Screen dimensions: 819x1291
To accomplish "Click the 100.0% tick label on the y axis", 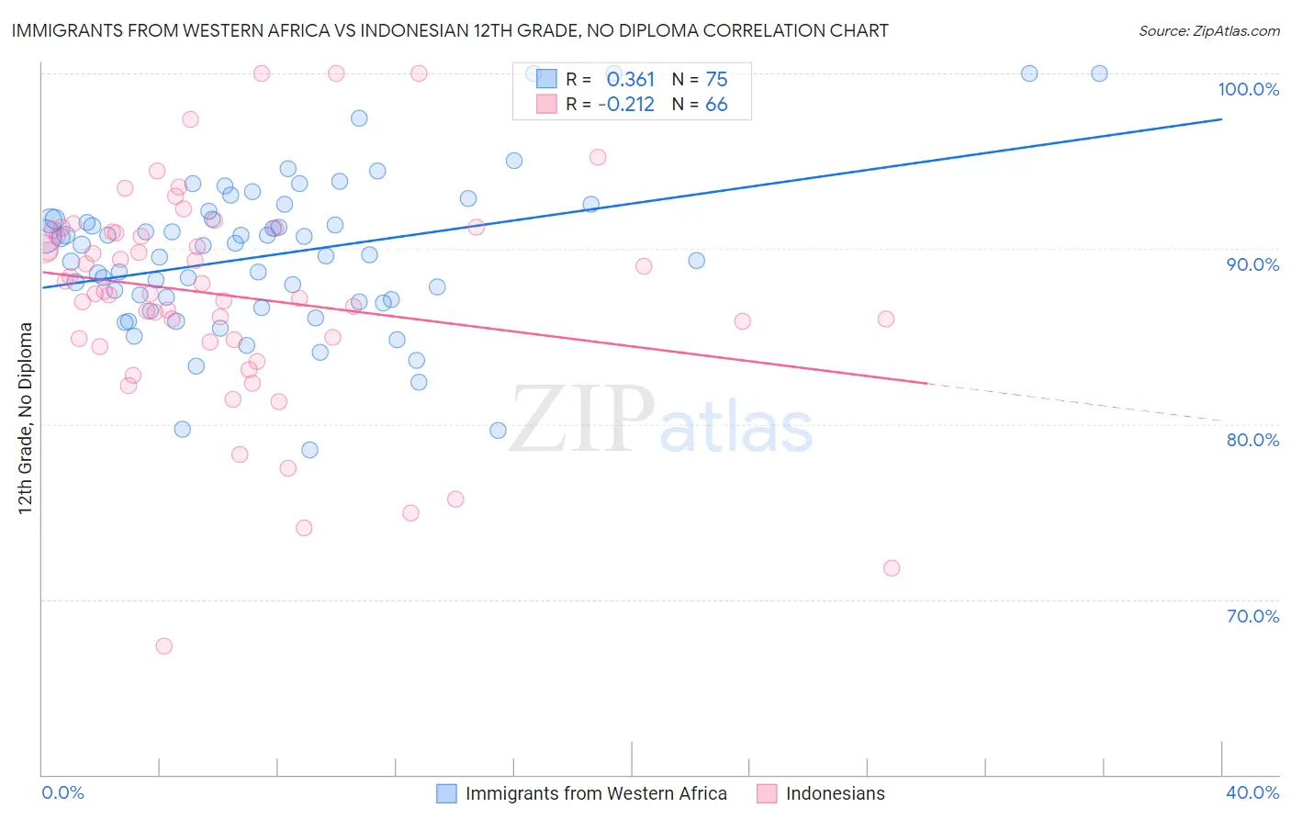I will [x=1248, y=89].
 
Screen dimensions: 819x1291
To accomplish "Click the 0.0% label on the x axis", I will [x=62, y=792].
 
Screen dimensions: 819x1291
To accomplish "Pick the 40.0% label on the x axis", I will [x=1252, y=792].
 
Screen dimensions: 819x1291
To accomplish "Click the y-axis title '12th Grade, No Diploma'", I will [x=26, y=418].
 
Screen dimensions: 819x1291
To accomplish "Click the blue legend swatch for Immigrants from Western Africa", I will [x=446, y=793].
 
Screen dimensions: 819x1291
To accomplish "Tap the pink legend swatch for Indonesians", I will [x=767, y=793].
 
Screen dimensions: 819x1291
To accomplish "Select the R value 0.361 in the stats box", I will [x=630, y=80].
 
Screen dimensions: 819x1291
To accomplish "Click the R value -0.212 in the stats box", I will [x=625, y=105].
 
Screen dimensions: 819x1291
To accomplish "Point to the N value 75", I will [x=716, y=80].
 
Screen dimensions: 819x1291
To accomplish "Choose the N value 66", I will [x=716, y=105].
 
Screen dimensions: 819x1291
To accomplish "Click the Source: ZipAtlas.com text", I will [x=1208, y=31].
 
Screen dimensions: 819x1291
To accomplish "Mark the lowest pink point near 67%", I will [x=163, y=646].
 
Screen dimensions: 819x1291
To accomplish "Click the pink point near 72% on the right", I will [x=892, y=568].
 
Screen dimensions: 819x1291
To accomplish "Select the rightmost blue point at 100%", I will [x=1099, y=73].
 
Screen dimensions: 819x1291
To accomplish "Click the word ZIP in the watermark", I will [x=582, y=420].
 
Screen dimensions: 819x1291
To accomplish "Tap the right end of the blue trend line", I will [x=1221, y=119].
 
